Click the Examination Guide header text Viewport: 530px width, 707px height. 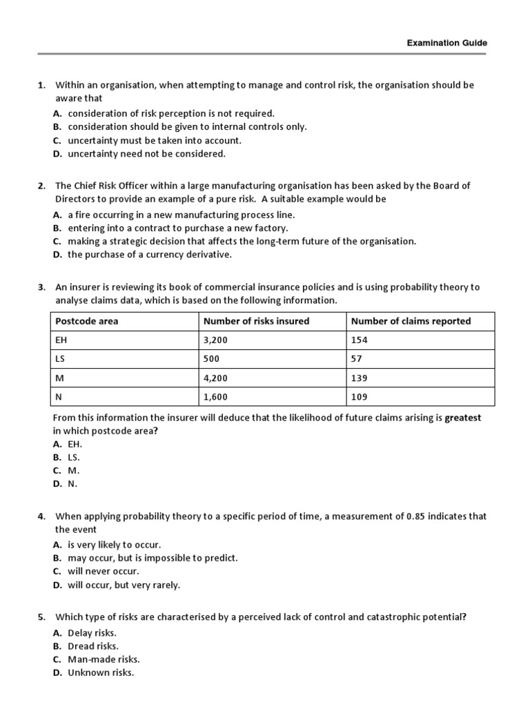pos(446,43)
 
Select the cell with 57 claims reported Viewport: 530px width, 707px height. pos(357,359)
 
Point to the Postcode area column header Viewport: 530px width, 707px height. pos(87,321)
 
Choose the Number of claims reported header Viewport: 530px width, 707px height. pos(411,321)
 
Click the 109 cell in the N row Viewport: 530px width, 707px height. pos(360,397)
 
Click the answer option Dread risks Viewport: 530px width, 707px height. pos(93,646)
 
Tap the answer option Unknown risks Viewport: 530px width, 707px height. pos(101,672)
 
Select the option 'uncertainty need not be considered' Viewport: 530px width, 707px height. pos(146,153)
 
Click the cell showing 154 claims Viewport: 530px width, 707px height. pos(360,340)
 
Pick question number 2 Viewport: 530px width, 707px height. pos(41,185)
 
